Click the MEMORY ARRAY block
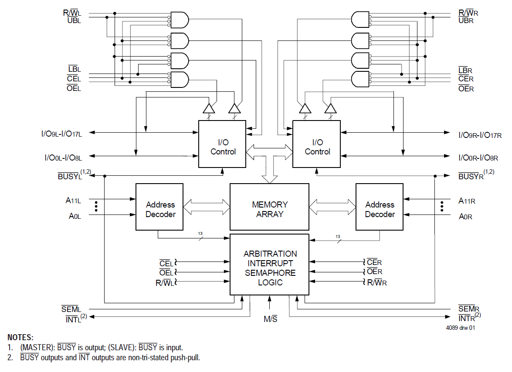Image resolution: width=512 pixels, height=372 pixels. coord(269,209)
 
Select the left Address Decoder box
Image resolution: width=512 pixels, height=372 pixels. coord(160,209)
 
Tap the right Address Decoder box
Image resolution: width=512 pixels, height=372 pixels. coord(380,209)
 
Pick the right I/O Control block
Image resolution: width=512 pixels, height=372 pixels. coord(317,147)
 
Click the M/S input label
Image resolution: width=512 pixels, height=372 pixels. coord(270,319)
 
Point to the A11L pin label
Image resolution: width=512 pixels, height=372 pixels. coord(73,201)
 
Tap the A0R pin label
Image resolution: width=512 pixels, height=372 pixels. coord(465,216)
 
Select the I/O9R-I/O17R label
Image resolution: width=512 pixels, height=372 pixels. coord(480,135)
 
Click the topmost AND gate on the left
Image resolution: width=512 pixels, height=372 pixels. coord(179,20)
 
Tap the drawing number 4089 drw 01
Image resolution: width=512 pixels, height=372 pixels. coord(460,328)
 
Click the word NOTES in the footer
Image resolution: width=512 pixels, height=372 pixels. coord(20,338)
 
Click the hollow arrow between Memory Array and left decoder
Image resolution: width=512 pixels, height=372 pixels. coord(207,204)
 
